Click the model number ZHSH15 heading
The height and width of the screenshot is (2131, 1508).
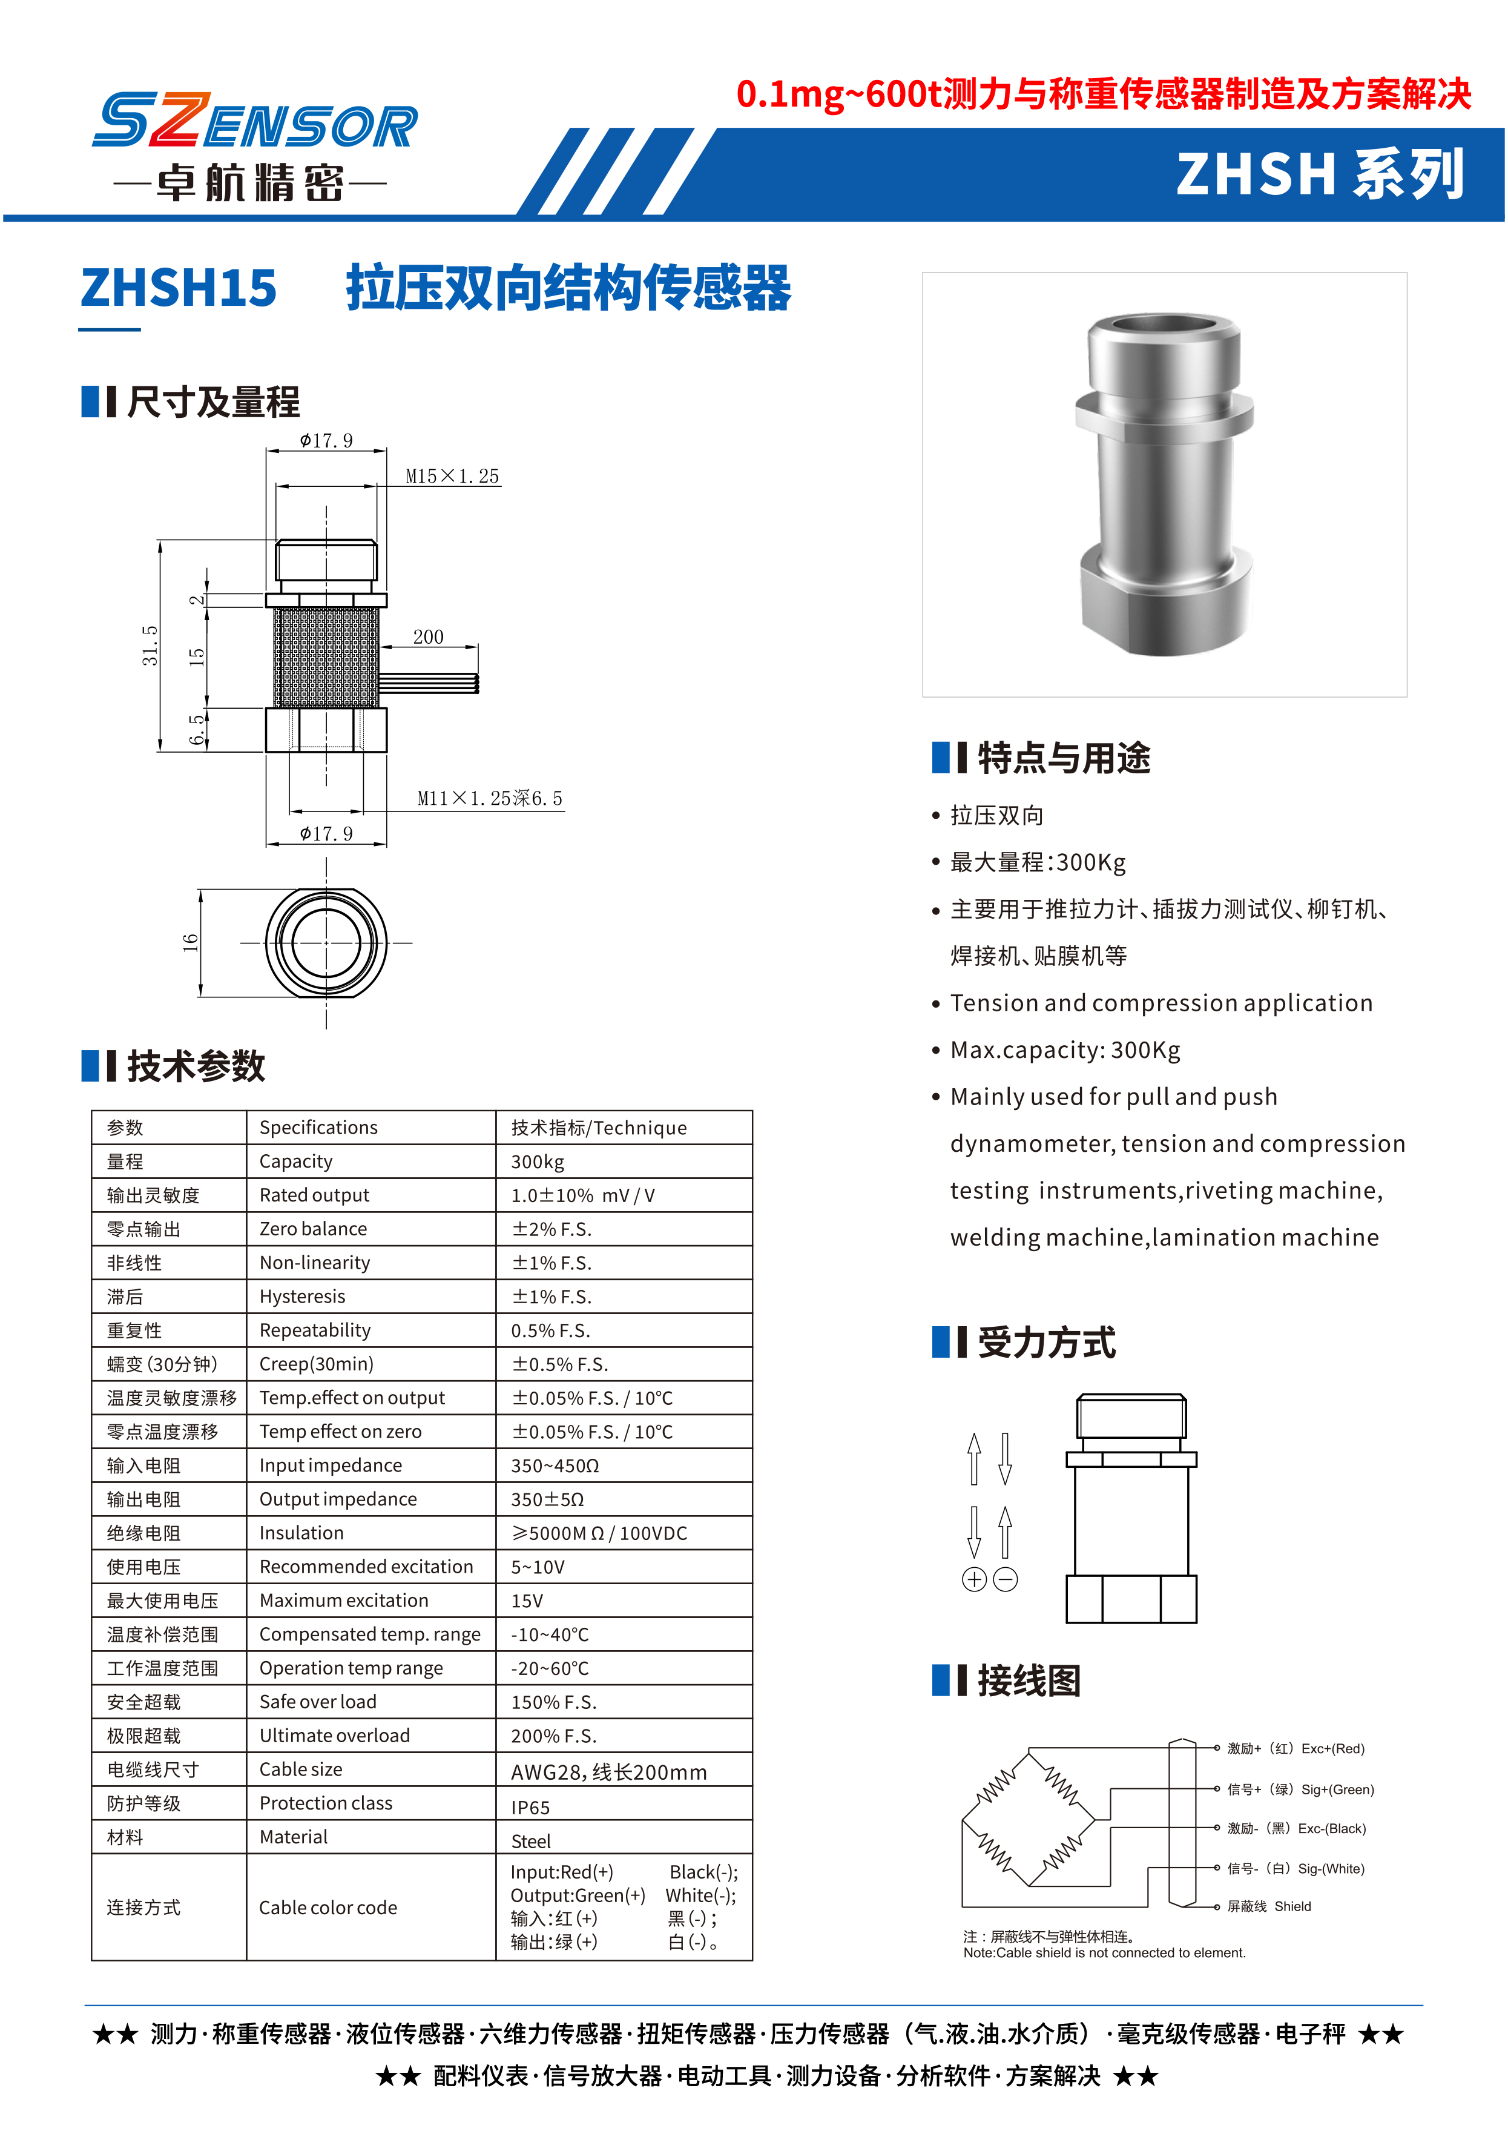click(x=179, y=288)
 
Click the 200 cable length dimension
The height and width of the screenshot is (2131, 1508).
click(x=428, y=637)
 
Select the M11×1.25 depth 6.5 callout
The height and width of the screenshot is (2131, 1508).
click(x=489, y=799)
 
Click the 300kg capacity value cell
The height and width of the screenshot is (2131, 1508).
click(x=538, y=1162)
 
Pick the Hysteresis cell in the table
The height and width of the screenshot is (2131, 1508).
click(x=303, y=1297)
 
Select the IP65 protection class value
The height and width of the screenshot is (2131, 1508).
click(x=530, y=1808)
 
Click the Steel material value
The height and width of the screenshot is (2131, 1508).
click(x=531, y=1841)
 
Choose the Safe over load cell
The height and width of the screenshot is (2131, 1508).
click(x=318, y=1702)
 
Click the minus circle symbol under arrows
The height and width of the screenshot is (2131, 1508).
click(x=1006, y=1579)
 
